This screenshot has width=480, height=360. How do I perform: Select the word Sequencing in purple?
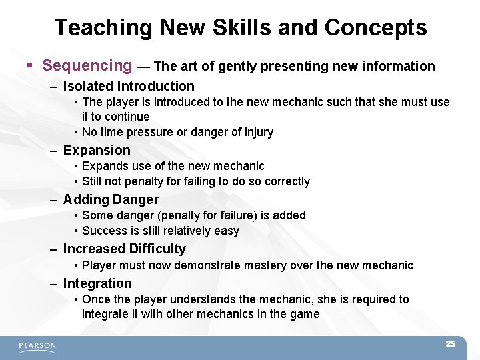coord(87,65)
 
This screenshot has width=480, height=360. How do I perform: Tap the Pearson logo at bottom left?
coord(37,346)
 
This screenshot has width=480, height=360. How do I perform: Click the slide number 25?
coord(450,344)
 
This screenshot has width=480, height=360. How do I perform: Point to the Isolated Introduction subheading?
coord(129,86)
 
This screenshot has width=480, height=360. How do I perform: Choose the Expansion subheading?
coord(97,150)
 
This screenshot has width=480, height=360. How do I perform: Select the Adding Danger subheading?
coord(111,199)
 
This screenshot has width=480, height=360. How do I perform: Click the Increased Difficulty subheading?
coord(124,249)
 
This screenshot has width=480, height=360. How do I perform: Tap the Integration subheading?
coord(97,283)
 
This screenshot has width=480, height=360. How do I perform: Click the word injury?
coord(256,132)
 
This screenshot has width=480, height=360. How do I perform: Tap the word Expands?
coord(105,166)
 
